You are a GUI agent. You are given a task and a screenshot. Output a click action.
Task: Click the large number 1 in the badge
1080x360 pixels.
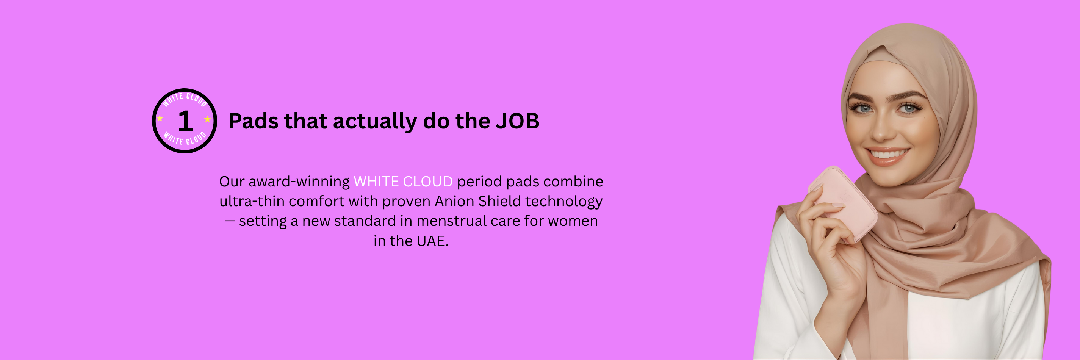185,121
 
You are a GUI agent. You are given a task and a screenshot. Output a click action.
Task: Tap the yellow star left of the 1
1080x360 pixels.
160,118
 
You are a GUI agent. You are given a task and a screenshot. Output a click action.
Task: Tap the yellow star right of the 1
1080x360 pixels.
208,119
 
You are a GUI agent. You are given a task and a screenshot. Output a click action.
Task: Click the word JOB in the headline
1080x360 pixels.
518,121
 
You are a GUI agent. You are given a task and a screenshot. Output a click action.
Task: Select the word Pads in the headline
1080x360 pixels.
254,121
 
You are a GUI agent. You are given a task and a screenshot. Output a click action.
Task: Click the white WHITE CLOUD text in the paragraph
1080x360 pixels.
403,182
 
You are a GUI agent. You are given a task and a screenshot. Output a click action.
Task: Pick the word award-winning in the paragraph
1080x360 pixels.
299,182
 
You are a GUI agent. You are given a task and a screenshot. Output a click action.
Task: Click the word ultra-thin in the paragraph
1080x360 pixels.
252,201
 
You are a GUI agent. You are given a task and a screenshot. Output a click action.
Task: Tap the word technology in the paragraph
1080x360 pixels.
564,202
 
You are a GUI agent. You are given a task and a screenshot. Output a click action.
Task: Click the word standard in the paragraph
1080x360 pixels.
365,221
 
